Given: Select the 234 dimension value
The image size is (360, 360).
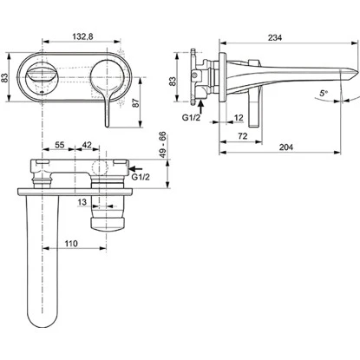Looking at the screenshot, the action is pos(275,37).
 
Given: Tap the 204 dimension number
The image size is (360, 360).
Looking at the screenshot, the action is pos(286,147).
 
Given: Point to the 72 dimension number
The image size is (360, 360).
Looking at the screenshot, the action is pos(243,136).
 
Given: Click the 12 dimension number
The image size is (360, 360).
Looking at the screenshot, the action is pos(239,118).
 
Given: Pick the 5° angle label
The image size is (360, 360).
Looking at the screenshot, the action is pos(324,93).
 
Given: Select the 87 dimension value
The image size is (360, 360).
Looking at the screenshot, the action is pos(135,102).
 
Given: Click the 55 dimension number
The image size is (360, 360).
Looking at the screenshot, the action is pos(60,145).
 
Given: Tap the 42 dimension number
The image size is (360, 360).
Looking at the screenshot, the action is pos(87,145).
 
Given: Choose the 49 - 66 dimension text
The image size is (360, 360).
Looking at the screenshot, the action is pos(163,144).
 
